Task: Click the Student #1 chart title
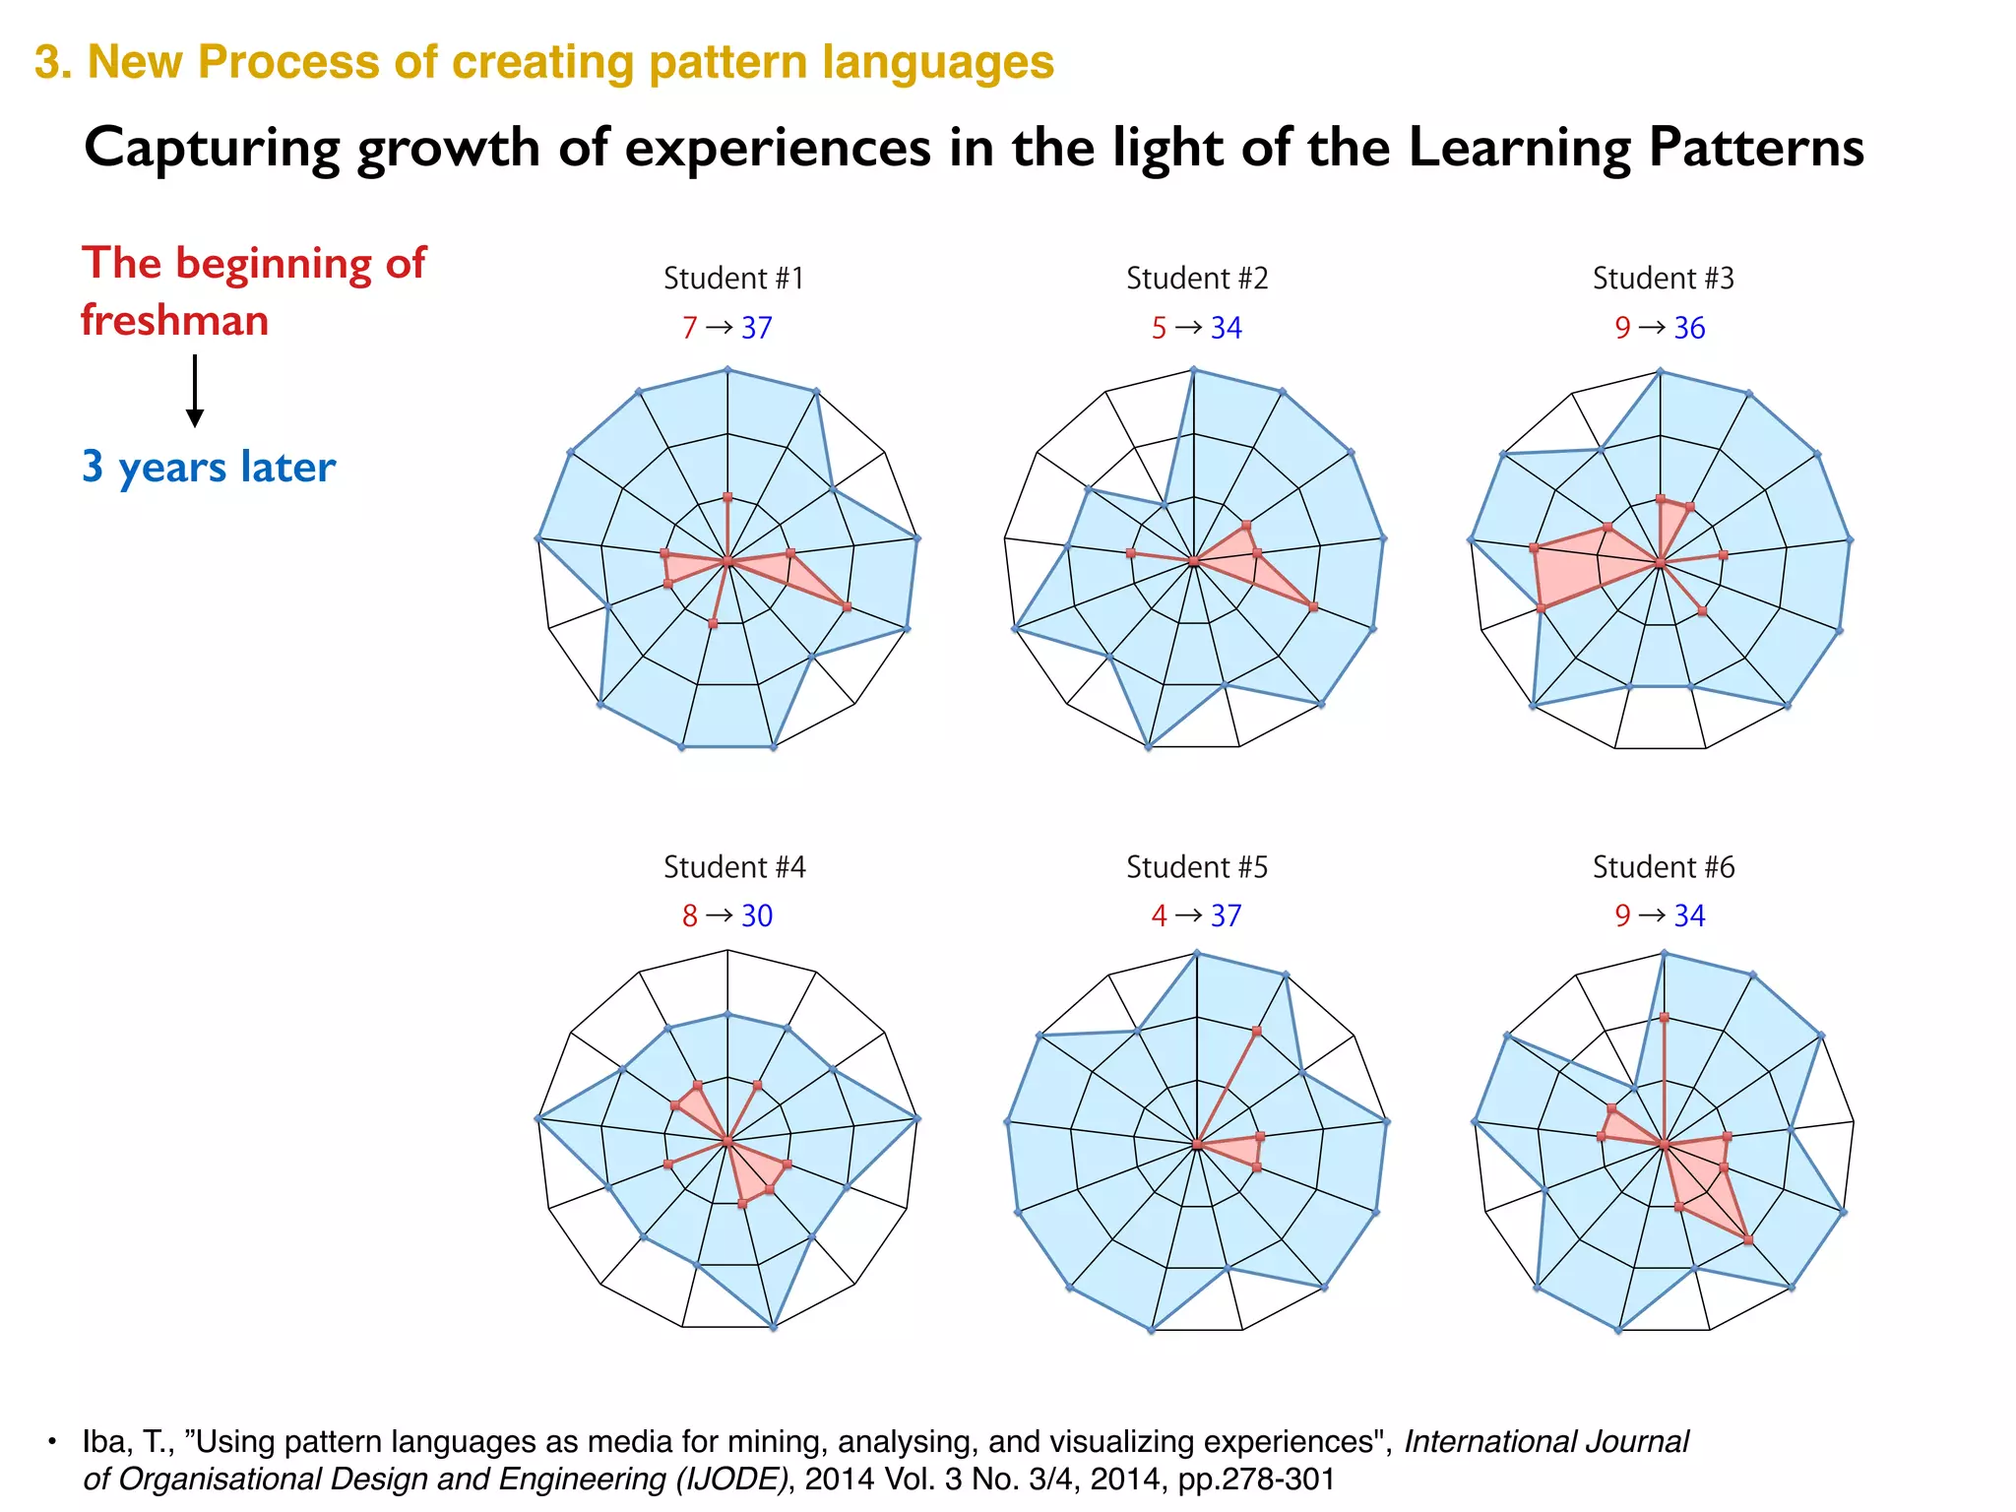click(733, 279)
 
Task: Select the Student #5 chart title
click(1197, 867)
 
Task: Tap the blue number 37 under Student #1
click(757, 328)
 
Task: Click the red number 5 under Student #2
click(1159, 328)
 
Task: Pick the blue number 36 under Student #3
click(1689, 328)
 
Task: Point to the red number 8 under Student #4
click(689, 916)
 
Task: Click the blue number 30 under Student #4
click(757, 916)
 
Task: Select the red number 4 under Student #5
click(1159, 916)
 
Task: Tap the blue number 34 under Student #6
click(1689, 916)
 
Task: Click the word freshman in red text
click(174, 321)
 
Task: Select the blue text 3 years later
click(209, 467)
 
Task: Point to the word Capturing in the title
click(212, 149)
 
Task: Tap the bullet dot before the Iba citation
click(52, 1442)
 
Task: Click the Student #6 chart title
click(1664, 867)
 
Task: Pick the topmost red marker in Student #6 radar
click(1664, 1017)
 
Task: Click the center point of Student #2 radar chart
click(1194, 562)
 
